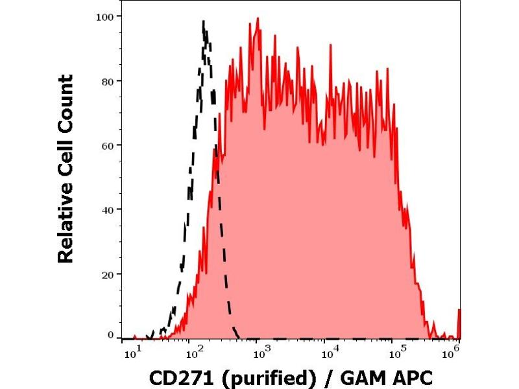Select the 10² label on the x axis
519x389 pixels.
coord(193,352)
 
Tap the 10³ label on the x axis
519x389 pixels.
coord(262,352)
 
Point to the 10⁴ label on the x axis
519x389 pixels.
coord(331,352)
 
